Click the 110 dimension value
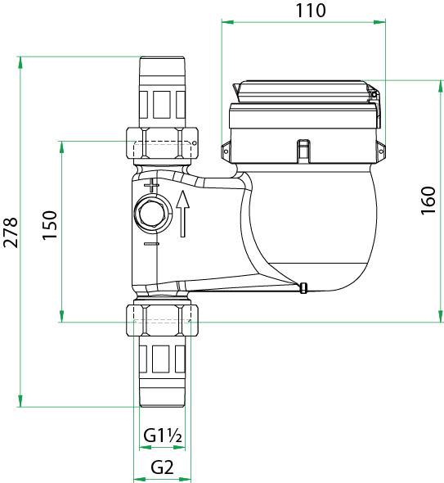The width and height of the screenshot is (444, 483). (311, 10)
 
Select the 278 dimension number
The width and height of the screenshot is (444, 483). (11, 232)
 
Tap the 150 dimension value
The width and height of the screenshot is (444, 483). (50, 225)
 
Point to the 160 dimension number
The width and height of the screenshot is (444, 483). (428, 201)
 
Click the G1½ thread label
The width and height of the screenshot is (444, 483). (163, 436)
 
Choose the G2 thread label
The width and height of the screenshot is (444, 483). (162, 467)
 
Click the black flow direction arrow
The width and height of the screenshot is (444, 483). (183, 214)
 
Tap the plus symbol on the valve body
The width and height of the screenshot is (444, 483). (151, 186)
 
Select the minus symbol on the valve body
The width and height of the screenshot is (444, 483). (151, 244)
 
